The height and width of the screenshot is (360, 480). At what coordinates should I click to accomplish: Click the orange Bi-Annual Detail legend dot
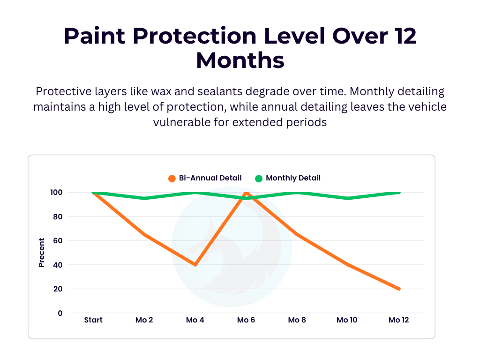(172, 178)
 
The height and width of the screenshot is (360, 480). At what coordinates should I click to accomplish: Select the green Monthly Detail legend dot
(259, 178)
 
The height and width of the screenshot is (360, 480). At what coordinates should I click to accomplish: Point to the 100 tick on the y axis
(57, 193)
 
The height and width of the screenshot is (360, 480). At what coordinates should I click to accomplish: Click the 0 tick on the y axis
(60, 313)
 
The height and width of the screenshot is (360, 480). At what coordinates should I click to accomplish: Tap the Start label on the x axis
(93, 320)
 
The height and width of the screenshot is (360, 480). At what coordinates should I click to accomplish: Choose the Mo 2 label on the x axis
(144, 320)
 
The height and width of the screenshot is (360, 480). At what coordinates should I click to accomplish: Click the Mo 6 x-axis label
(246, 320)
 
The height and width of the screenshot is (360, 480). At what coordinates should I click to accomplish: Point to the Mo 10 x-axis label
(347, 320)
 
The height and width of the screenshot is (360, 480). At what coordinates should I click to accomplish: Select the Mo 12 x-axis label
(398, 320)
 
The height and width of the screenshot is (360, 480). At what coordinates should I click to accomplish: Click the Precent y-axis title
(42, 253)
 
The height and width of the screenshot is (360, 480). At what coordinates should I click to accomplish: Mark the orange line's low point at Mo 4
(195, 265)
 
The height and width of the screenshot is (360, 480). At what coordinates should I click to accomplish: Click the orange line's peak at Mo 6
(246, 193)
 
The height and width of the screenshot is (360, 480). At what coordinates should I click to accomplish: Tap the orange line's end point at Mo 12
(399, 289)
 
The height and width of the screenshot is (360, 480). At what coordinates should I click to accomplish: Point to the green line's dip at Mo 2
(144, 198)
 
